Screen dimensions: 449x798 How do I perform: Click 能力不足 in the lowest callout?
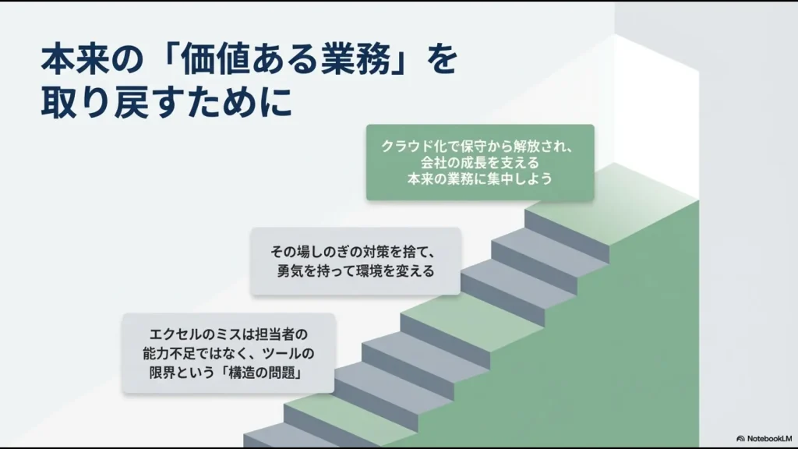point(168,354)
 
